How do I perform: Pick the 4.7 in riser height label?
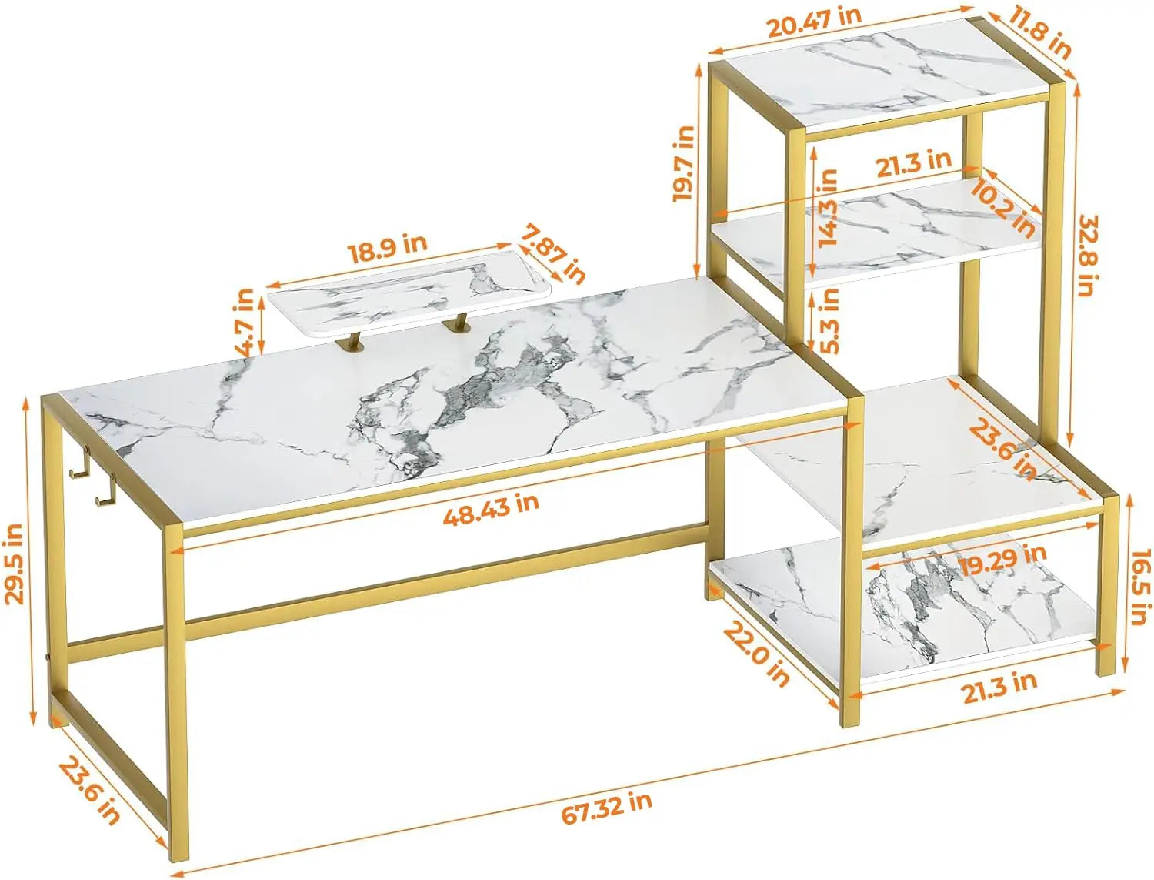coord(245,321)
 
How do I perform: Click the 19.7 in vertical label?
coord(684,163)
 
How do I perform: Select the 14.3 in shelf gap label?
coord(827,207)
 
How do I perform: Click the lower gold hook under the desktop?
coord(105,492)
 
